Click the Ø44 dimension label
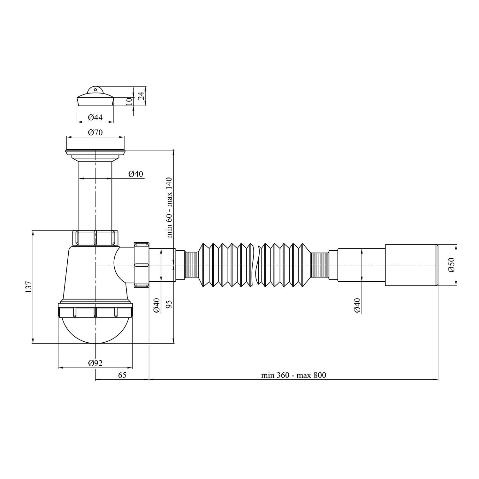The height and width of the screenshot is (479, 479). click(x=95, y=118)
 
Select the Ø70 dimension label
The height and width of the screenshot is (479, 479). click(x=95, y=132)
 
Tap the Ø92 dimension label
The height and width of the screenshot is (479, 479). click(x=95, y=363)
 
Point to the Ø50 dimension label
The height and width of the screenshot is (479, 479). click(x=452, y=265)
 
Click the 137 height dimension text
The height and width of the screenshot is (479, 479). click(x=28, y=287)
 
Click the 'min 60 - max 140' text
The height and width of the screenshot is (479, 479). click(x=169, y=208)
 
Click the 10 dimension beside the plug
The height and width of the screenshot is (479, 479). click(x=129, y=102)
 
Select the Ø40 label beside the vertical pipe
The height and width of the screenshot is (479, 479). click(x=136, y=174)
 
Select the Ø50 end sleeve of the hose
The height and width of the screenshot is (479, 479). click(x=411, y=265)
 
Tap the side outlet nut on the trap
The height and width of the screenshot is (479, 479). click(x=141, y=265)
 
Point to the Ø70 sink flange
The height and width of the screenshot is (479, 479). click(x=95, y=152)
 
